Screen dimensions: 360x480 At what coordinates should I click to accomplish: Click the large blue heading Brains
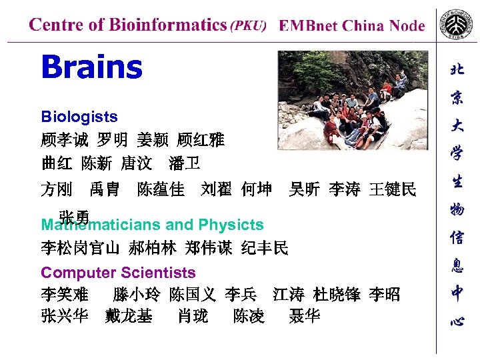tap(91, 67)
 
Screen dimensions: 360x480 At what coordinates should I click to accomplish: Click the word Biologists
tap(79, 117)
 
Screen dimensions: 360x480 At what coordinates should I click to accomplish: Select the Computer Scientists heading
tap(118, 273)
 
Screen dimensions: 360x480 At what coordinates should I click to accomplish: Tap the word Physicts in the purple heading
tap(231, 225)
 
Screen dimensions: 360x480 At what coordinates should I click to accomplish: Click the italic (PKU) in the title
tap(247, 26)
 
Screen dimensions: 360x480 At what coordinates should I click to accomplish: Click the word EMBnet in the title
tap(309, 26)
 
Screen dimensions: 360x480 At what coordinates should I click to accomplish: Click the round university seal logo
tap(457, 27)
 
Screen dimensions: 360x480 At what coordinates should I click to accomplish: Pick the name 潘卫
tap(185, 163)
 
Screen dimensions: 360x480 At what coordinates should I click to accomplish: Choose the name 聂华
tap(304, 315)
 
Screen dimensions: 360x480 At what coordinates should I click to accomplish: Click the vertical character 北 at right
tap(457, 69)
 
